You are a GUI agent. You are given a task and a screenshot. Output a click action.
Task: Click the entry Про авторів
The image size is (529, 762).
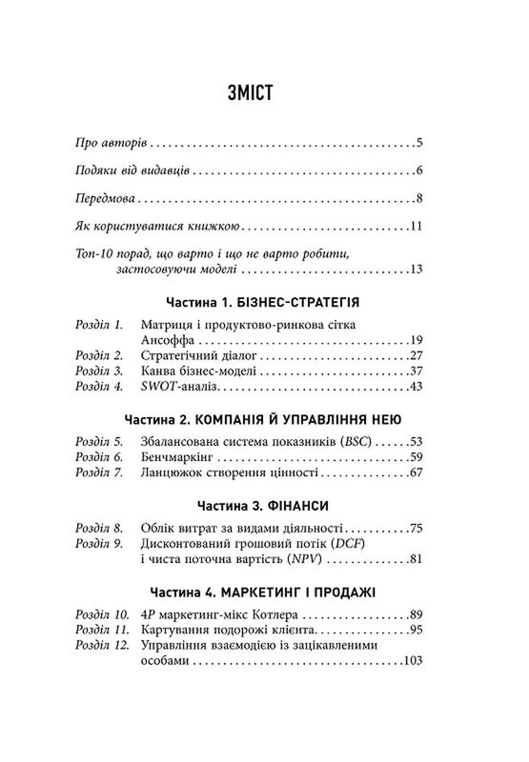tap(110, 145)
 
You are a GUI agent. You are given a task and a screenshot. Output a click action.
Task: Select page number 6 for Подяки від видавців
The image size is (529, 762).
tap(419, 172)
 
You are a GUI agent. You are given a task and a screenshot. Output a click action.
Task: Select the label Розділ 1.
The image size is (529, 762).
tap(99, 325)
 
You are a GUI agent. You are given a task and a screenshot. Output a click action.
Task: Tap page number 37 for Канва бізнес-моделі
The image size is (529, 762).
tap(414, 371)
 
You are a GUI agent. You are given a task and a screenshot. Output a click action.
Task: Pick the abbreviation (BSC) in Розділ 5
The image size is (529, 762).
tap(360, 442)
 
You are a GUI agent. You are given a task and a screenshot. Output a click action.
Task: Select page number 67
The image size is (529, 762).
tap(414, 474)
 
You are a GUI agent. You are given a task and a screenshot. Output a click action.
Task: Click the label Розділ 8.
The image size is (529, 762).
tap(99, 528)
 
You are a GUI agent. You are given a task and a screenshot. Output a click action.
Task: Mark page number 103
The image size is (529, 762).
tap(411, 663)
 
